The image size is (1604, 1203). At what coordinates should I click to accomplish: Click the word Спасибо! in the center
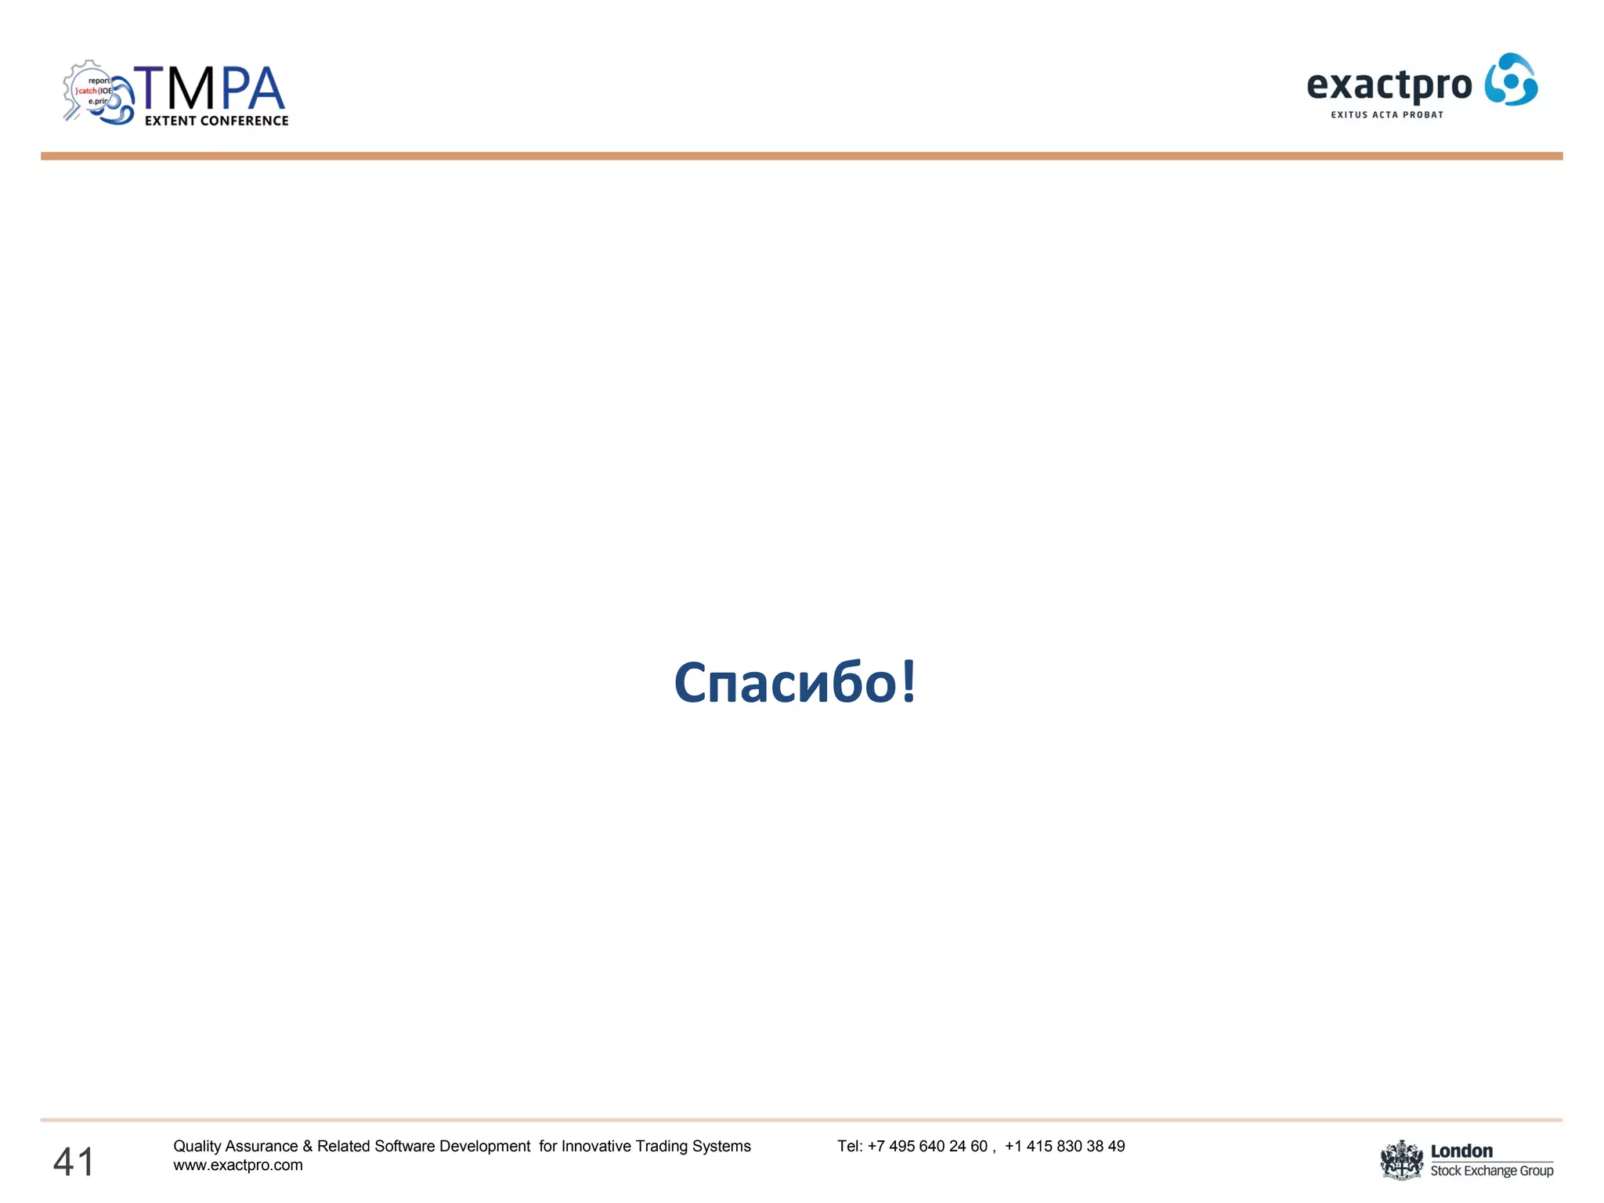[x=794, y=682]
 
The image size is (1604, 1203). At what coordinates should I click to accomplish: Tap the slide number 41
[x=74, y=1161]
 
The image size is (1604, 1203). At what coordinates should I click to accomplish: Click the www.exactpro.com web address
[x=238, y=1165]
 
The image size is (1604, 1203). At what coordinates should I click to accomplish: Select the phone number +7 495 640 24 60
[x=927, y=1146]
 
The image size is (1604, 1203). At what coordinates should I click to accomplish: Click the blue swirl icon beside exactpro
[x=1512, y=80]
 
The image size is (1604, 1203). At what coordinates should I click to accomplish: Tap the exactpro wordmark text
[x=1389, y=85]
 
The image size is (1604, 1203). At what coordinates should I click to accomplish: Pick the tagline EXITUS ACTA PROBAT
[x=1387, y=114]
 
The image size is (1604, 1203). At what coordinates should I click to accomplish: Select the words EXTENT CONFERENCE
[x=216, y=121]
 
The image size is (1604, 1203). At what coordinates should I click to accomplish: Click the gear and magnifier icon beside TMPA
[x=96, y=92]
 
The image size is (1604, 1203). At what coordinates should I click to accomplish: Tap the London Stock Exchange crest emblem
[x=1401, y=1160]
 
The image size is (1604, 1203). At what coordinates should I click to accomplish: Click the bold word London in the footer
[x=1461, y=1151]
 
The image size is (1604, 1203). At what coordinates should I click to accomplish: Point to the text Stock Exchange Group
[x=1491, y=1171]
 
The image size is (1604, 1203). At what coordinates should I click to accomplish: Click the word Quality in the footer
[x=197, y=1146]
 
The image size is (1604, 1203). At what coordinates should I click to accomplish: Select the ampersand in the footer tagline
[x=307, y=1146]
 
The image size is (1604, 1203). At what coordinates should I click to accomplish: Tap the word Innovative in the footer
[x=597, y=1146]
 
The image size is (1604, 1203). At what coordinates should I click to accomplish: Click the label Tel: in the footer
[x=850, y=1146]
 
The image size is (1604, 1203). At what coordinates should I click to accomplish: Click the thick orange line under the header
[x=801, y=157]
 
